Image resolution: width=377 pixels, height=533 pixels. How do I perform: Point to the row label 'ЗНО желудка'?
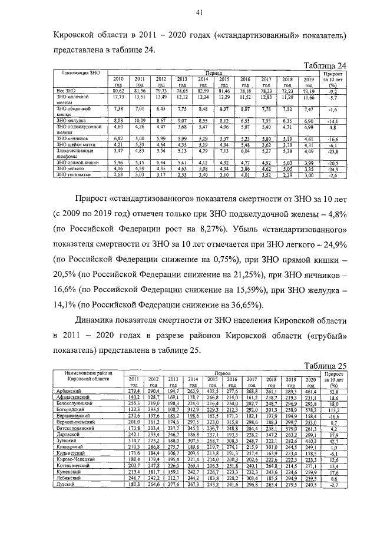tap(70, 120)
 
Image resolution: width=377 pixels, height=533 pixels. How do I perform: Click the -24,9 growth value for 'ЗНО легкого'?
tap(332, 169)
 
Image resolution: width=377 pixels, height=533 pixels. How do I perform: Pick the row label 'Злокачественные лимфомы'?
tap(74, 153)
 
